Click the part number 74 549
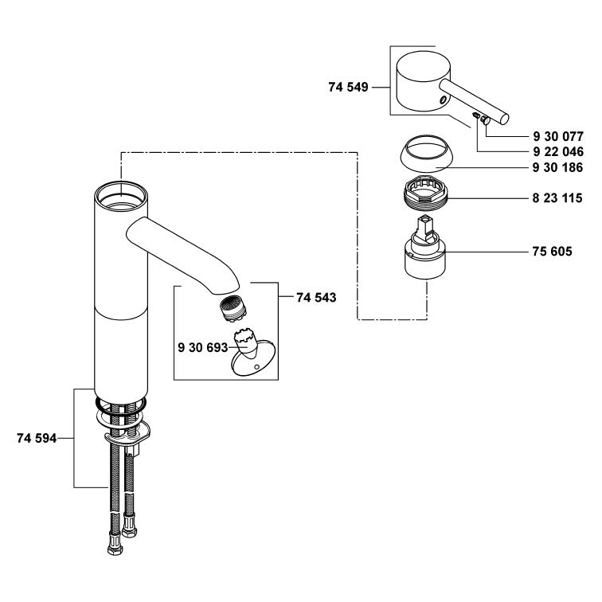coord(347,88)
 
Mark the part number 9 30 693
coord(202,347)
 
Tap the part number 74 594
coord(37,438)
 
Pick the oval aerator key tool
coord(252,362)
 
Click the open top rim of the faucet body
coord(119,194)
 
